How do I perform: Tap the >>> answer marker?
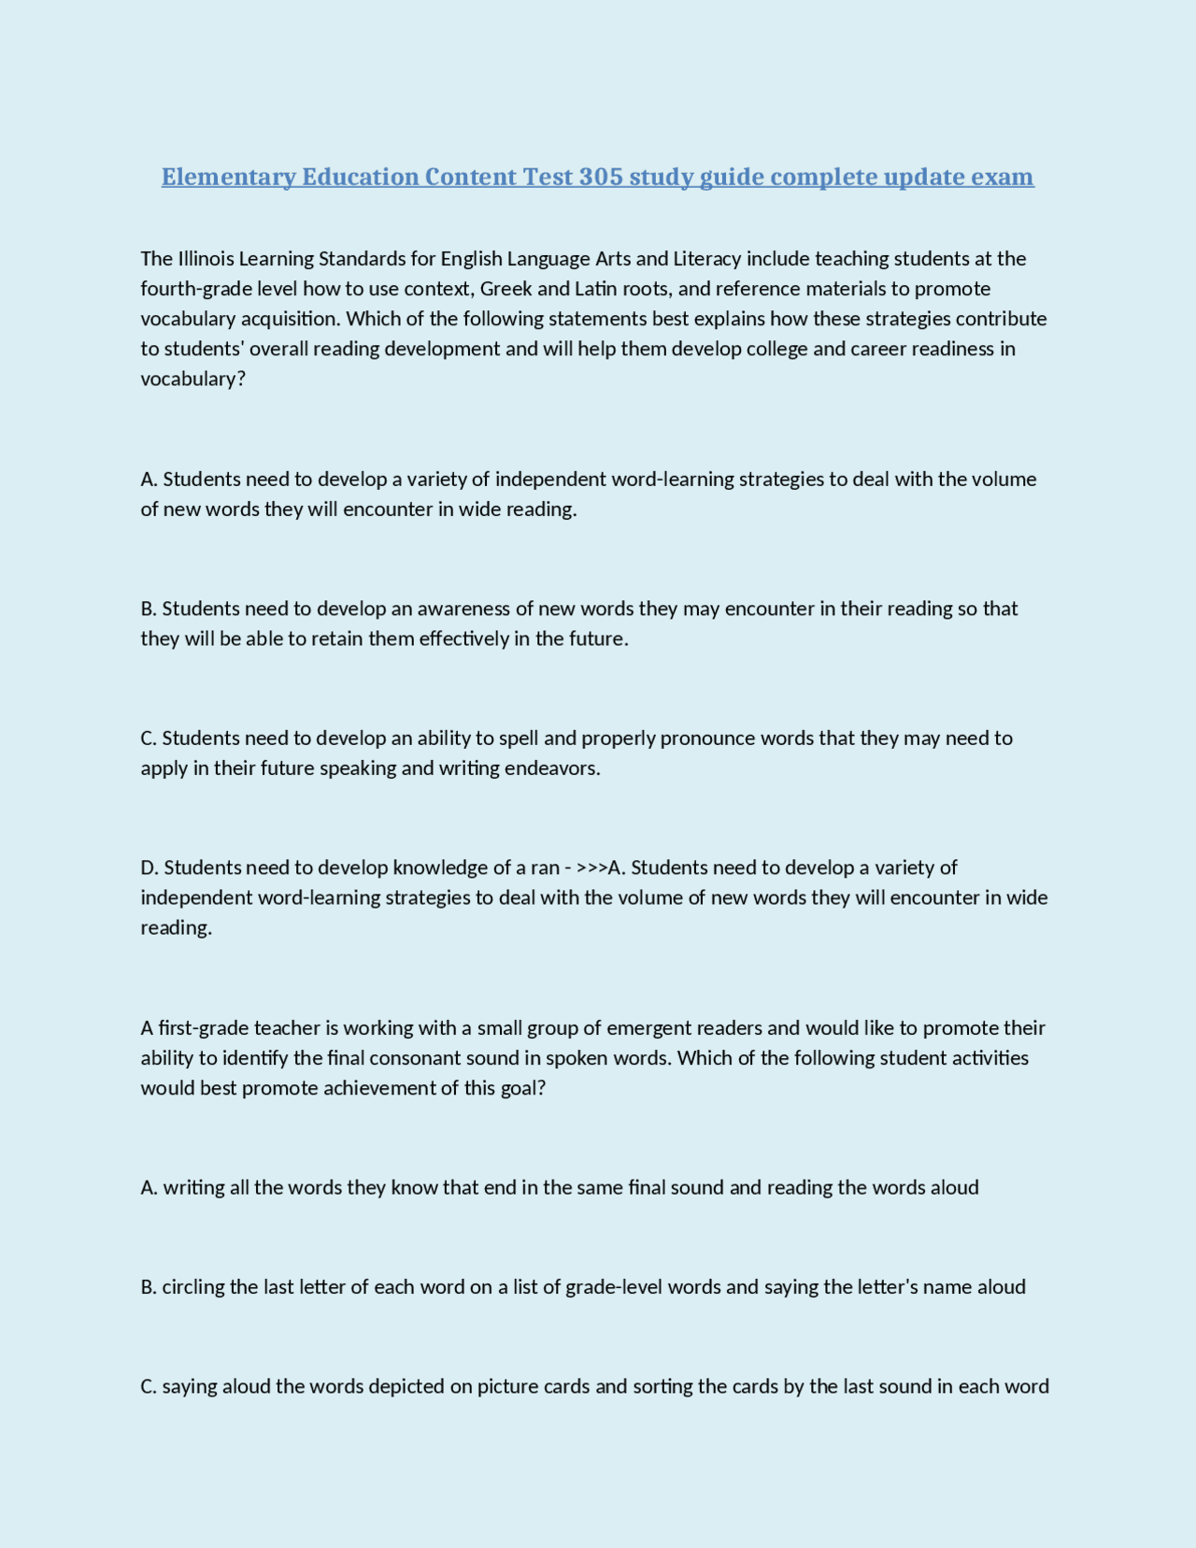pyautogui.click(x=592, y=867)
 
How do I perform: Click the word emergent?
pyautogui.click(x=648, y=1028)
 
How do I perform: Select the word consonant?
pyautogui.click(x=409, y=1058)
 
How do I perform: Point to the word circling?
pyautogui.click(x=195, y=1287)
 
